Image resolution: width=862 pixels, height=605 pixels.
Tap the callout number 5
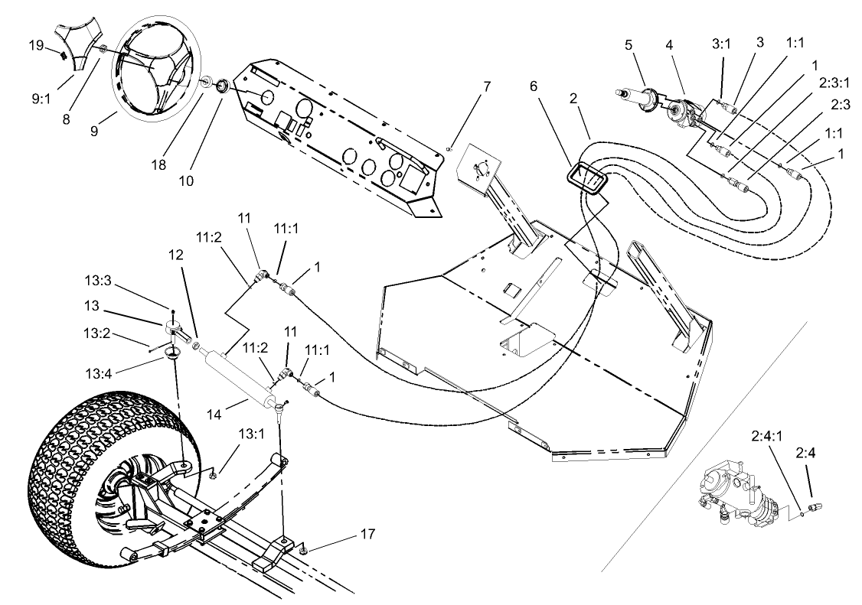click(x=628, y=44)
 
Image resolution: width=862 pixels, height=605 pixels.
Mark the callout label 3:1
click(x=721, y=44)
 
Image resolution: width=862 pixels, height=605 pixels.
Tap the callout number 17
click(x=368, y=533)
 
